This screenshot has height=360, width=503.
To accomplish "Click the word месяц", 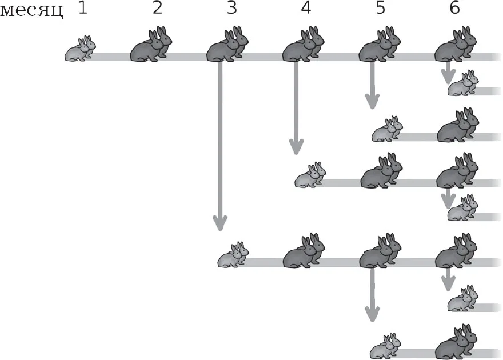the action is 31,11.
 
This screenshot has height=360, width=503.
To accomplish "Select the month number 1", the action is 83,7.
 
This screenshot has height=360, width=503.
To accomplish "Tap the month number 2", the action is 157,7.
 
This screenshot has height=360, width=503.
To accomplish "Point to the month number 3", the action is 231,7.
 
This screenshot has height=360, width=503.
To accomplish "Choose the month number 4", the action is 306,7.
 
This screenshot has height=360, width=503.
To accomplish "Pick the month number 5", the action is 381,7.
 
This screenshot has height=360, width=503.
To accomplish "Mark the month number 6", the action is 455,7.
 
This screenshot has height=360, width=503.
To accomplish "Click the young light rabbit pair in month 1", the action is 81,49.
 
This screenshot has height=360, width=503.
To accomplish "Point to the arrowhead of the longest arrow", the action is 220,223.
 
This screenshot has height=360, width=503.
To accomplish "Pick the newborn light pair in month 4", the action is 310,175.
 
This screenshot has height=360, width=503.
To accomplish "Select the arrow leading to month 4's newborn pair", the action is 296,108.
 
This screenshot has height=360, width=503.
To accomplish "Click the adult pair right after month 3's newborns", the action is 304,251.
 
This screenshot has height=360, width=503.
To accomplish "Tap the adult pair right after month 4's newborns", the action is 381,170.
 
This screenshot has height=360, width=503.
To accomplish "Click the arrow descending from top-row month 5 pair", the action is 372,85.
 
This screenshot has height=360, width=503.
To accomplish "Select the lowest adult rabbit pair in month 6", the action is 457,342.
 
